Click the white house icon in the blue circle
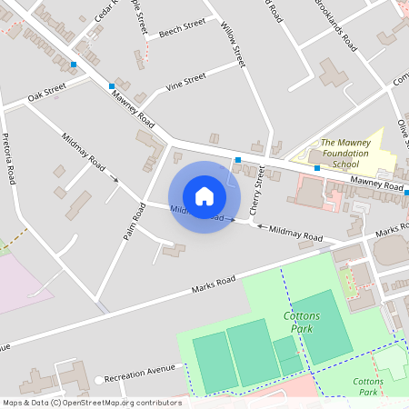[204, 196]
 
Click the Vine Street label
[185, 84]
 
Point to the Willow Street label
[234, 45]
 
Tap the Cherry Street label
[257, 186]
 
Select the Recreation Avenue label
[139, 374]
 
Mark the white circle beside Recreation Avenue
[97, 380]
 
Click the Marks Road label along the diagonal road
[214, 284]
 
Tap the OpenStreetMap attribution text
[91, 403]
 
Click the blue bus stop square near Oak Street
[74, 65]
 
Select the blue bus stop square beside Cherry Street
[238, 161]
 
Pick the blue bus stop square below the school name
[317, 168]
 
